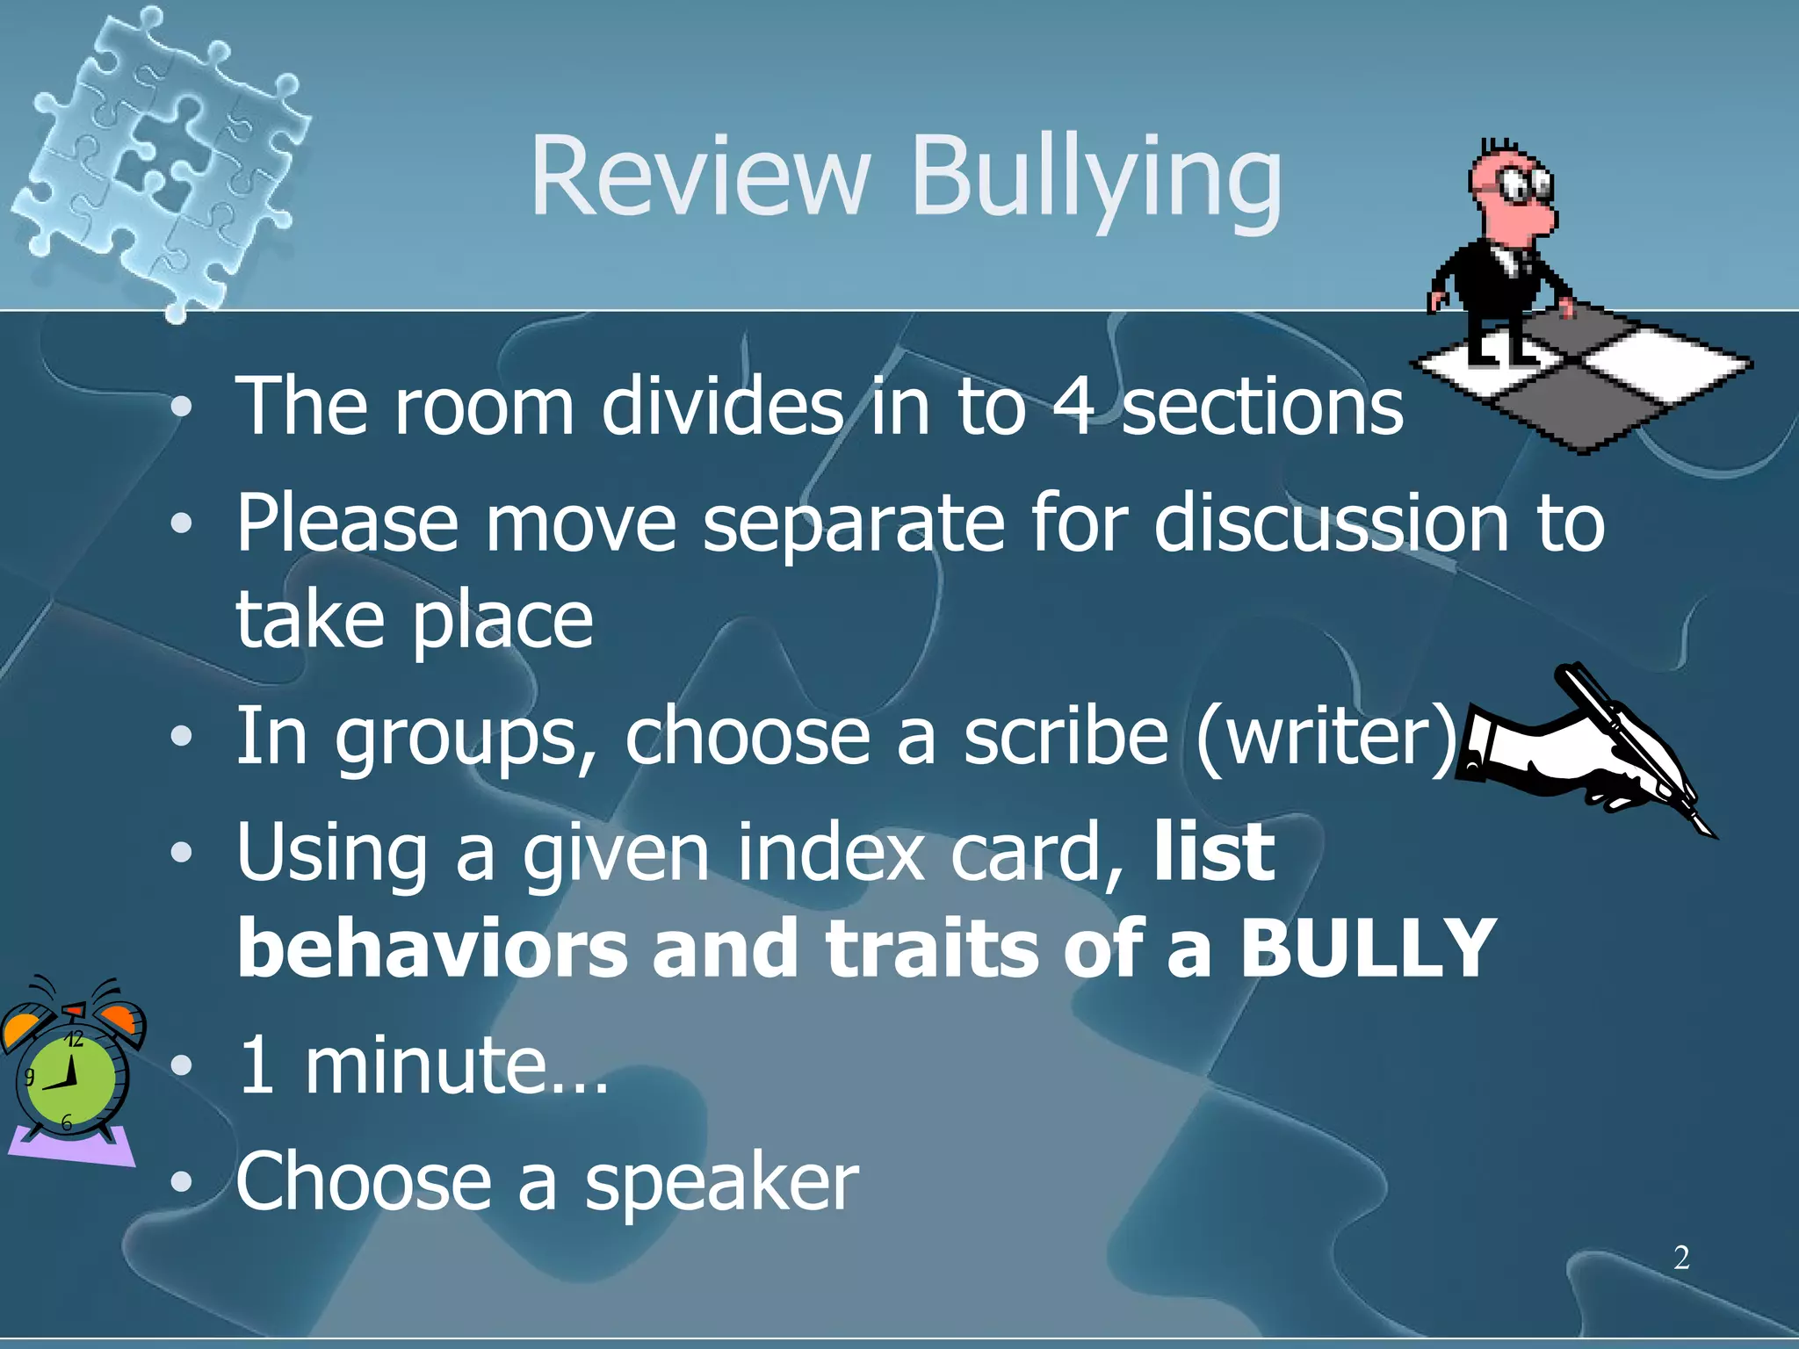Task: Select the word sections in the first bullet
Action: pyautogui.click(x=1262, y=407)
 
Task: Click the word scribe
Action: pyautogui.click(x=1066, y=736)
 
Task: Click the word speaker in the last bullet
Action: pyautogui.click(x=721, y=1183)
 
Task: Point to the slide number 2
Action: pyautogui.click(x=1680, y=1258)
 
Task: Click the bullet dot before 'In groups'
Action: pyautogui.click(x=181, y=737)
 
